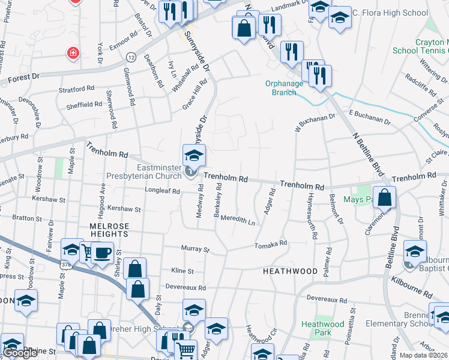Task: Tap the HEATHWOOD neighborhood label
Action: (x=289, y=271)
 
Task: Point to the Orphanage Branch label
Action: (x=281, y=88)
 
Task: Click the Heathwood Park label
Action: (x=323, y=328)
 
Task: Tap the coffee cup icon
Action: (x=102, y=253)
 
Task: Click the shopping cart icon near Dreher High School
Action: (x=185, y=350)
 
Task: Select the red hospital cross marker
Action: (x=73, y=53)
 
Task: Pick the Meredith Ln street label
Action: (x=238, y=220)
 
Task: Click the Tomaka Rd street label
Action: (x=270, y=244)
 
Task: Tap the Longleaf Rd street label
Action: (x=162, y=191)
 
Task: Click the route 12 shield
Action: (x=131, y=56)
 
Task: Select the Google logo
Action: (x=20, y=353)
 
